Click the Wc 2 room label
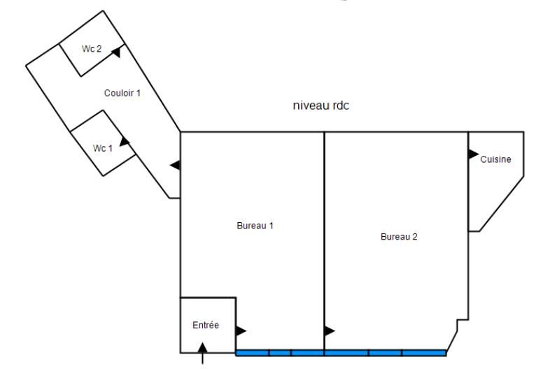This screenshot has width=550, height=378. click(92, 49)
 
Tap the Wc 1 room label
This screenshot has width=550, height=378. click(103, 148)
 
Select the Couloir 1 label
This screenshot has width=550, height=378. click(122, 93)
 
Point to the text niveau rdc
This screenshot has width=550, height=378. click(321, 106)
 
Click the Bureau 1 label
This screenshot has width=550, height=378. click(255, 226)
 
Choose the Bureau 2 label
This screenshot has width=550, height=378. click(399, 237)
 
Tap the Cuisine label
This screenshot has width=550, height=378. click(495, 159)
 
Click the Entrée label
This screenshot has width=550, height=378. click(206, 325)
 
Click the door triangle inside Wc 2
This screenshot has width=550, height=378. click(116, 52)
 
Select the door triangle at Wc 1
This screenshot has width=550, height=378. click(124, 142)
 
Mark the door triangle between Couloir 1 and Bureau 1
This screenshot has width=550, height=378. click(176, 165)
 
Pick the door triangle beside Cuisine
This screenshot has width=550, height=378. click(474, 154)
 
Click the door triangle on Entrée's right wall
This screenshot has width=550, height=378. click(241, 330)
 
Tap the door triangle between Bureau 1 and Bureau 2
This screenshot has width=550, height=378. click(330, 330)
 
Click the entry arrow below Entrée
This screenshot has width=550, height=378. click(202, 353)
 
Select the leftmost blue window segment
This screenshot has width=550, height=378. click(253, 353)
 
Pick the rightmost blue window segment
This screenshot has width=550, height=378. click(424, 353)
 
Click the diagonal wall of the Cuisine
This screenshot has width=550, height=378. click(501, 204)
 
